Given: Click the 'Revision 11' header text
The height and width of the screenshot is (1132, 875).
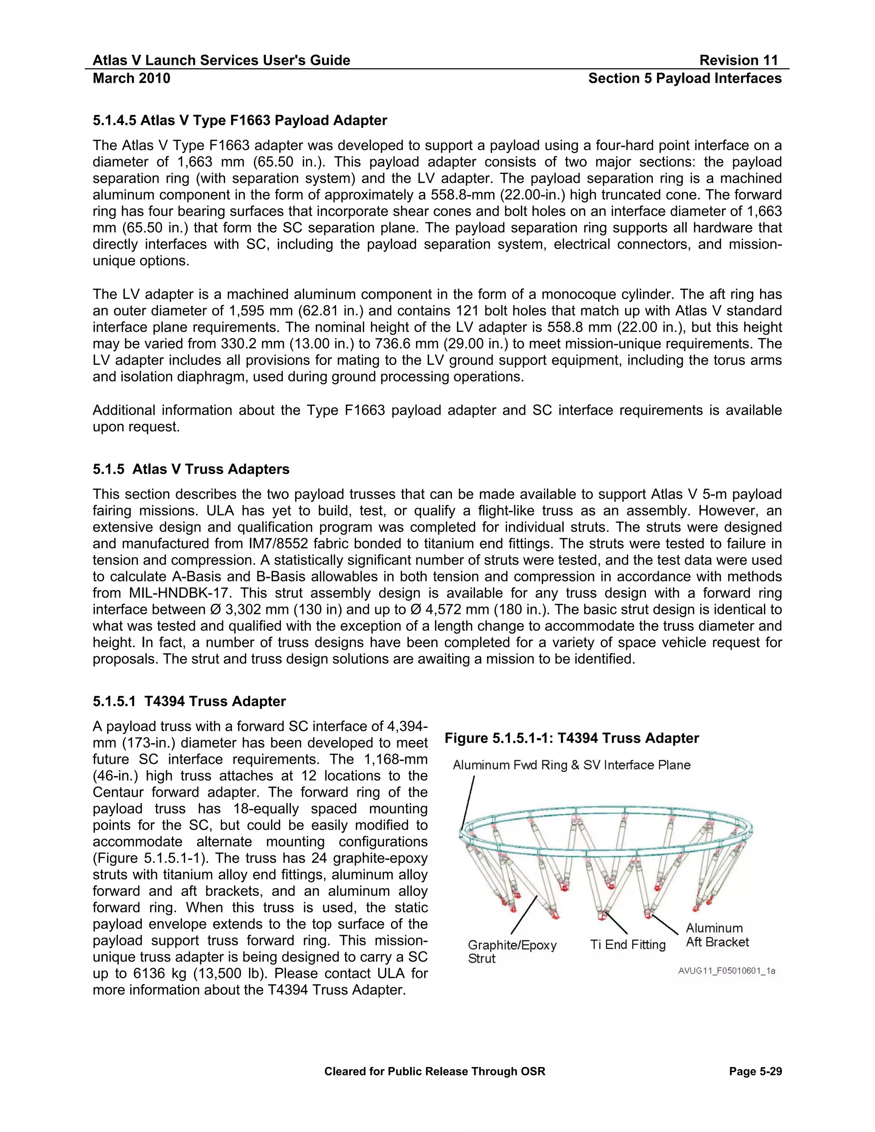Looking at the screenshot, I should [x=738, y=61].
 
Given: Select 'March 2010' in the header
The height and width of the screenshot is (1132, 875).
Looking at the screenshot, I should [x=131, y=79].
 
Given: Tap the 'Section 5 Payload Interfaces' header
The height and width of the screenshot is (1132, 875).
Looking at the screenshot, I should [x=684, y=79].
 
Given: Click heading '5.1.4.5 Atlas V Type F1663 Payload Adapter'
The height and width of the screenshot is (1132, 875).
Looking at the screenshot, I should [x=240, y=121].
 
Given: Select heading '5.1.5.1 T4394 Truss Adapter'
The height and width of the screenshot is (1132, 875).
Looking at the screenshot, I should [x=189, y=702].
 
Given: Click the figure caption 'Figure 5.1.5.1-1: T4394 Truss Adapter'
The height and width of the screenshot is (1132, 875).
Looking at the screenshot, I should [x=571, y=739].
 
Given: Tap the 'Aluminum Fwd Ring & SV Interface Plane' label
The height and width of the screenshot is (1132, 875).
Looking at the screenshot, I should [x=571, y=765].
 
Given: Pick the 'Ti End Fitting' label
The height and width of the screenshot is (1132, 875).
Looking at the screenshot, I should [x=627, y=945].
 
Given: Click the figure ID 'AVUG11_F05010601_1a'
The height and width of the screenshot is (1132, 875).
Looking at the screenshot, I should [x=726, y=971].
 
